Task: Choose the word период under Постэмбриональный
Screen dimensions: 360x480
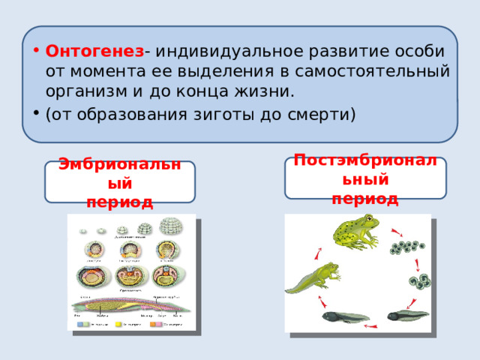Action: point(364,199)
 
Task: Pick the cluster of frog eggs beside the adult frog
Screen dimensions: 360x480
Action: point(411,249)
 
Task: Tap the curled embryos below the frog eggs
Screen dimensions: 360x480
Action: point(417,282)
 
